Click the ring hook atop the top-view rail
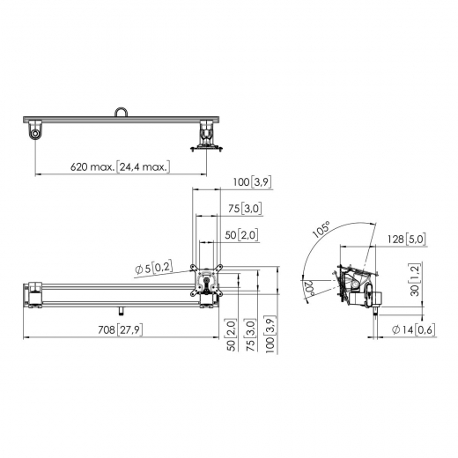(122, 112)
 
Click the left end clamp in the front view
(35, 294)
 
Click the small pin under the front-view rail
(121, 310)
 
